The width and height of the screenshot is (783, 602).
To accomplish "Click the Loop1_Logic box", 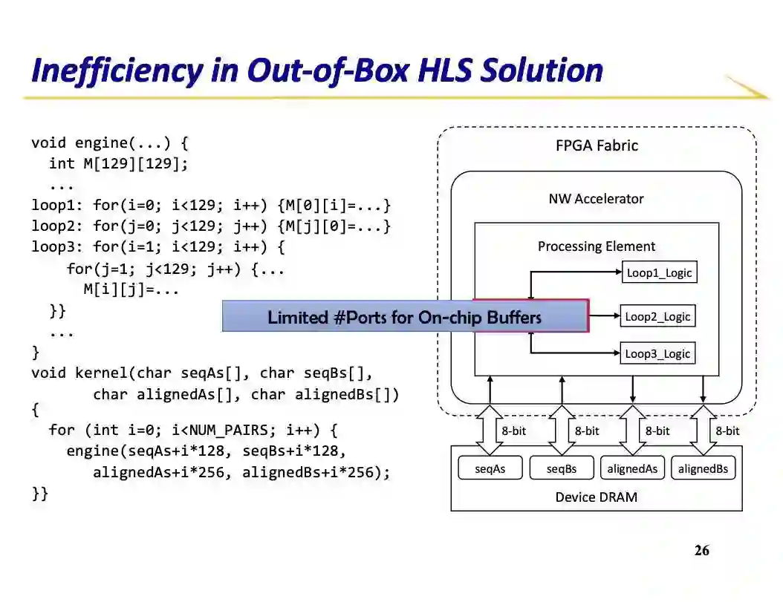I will coord(659,272).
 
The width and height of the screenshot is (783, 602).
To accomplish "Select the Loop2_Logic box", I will coord(657,317).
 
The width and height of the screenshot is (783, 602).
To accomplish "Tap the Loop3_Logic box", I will coord(657,354).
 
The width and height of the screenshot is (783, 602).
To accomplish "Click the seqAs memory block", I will coord(490,468).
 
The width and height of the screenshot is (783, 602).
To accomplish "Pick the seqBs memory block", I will coord(562,468).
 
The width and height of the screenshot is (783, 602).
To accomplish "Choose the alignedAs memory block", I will coord(632,468).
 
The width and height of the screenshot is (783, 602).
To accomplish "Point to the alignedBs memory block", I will coord(703,468).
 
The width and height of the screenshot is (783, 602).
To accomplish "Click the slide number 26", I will coord(701,551).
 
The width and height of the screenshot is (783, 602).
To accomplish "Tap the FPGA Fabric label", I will coord(597,145).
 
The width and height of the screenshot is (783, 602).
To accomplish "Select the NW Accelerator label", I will coord(596,199).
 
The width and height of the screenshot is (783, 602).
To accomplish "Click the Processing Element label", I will coord(597,246).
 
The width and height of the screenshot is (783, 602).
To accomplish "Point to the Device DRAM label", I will coord(596,497).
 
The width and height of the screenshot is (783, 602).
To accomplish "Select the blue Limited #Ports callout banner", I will coord(405,317).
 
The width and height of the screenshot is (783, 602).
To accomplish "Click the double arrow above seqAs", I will coord(490,431).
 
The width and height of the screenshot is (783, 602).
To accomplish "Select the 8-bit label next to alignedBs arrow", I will coord(727,431).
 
